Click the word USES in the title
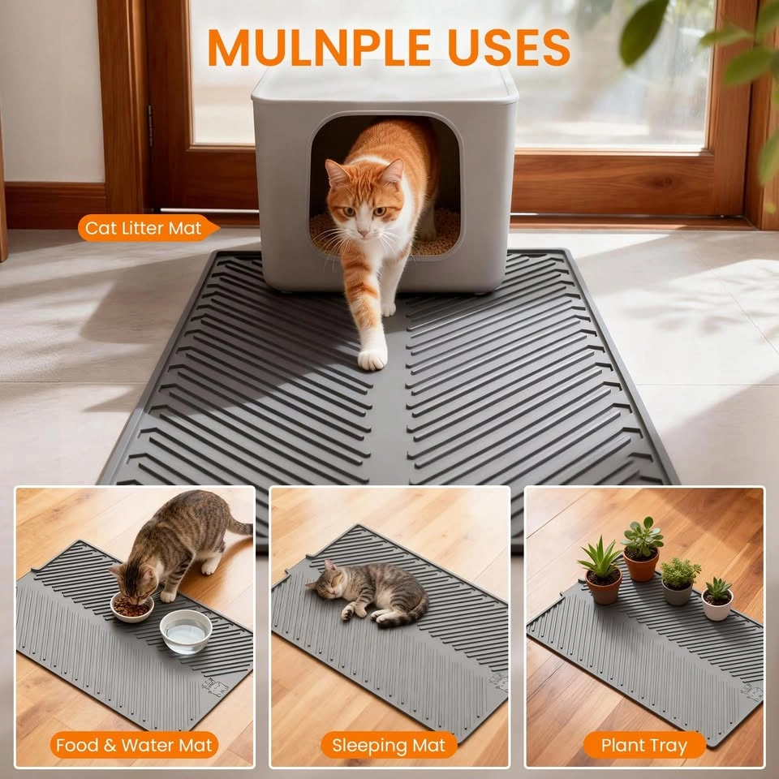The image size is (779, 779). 509,48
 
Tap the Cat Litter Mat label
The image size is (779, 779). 148,228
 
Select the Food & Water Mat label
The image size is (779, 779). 134,745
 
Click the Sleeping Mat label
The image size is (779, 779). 389,745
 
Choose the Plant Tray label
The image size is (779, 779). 643,745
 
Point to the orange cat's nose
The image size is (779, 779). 364,232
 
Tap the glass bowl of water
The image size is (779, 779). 186,631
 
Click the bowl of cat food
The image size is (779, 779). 131,607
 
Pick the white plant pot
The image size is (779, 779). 717,605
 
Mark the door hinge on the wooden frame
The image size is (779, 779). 150,132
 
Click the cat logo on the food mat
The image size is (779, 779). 215,686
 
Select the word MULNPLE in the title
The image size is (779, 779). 320,48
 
